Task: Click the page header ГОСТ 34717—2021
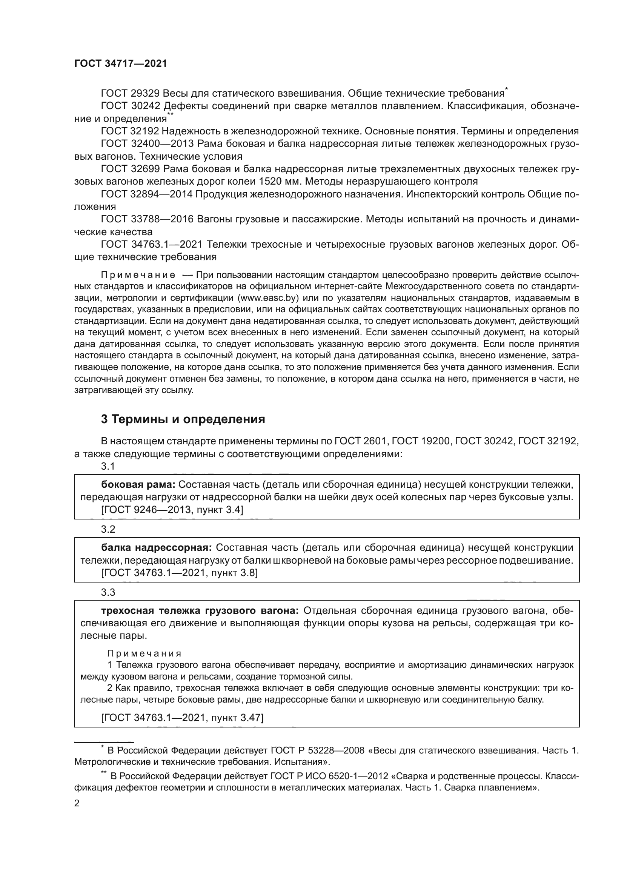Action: point(121,64)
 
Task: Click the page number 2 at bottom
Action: point(77,803)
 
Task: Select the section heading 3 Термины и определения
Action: point(183,419)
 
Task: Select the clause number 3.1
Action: point(108,466)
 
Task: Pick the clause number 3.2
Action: point(108,529)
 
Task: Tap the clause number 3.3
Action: point(108,592)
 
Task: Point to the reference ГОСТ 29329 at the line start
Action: point(130,94)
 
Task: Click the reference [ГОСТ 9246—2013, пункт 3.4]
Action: point(172,510)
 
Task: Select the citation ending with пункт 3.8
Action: point(179,573)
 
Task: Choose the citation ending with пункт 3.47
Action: point(182,718)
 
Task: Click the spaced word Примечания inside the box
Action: point(144,654)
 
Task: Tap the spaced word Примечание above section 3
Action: point(138,275)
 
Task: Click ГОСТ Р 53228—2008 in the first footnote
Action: point(317,750)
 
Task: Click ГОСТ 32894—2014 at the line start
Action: point(146,194)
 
